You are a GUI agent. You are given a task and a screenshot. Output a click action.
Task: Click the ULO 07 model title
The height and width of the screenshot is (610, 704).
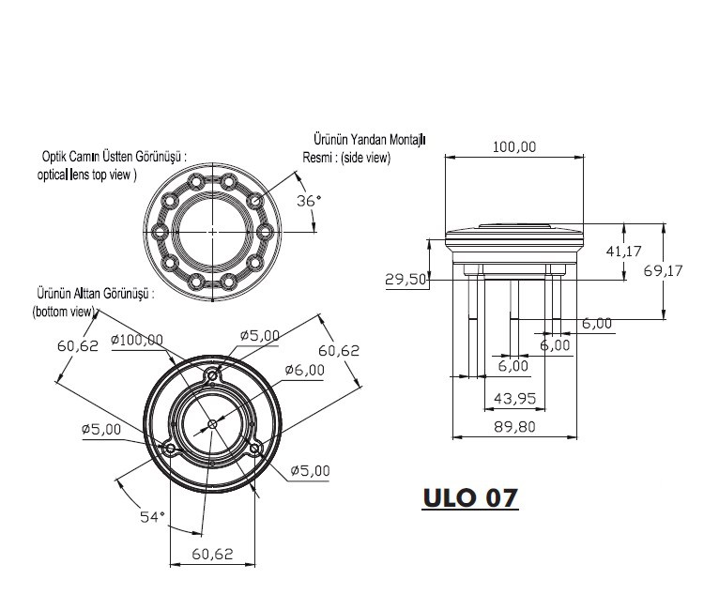point(470,497)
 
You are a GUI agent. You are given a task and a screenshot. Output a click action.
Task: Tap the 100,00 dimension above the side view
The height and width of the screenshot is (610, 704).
point(514,146)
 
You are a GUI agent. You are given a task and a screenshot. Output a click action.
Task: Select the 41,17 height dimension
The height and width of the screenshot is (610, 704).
point(623,252)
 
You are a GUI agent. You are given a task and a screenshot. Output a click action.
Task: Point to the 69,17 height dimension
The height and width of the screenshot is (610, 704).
point(663,270)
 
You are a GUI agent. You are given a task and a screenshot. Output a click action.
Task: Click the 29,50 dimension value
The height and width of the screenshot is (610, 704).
point(406,280)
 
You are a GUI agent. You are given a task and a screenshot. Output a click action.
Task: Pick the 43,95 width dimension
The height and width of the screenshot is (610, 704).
point(514,398)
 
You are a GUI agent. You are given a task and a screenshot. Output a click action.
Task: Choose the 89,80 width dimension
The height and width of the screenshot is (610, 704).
point(514,426)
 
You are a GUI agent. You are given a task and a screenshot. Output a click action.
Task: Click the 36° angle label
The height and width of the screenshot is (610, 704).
point(309,201)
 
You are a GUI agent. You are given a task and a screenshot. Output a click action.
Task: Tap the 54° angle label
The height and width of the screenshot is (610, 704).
point(153,517)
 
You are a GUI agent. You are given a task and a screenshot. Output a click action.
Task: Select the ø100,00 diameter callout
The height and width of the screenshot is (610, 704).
point(137,340)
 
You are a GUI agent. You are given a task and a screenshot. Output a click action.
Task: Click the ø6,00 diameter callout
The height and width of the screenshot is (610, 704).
point(304,370)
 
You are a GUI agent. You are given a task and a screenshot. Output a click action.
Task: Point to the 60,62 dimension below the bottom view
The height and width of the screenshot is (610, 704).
point(212,554)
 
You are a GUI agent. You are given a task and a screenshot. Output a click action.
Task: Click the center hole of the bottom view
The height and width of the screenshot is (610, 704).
point(213,424)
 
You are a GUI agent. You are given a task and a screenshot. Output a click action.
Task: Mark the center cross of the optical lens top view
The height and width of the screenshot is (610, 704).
point(212,232)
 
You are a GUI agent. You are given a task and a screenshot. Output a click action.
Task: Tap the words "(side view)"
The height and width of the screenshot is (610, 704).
point(365,158)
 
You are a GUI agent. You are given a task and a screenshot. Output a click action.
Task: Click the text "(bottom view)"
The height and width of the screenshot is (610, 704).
point(64,312)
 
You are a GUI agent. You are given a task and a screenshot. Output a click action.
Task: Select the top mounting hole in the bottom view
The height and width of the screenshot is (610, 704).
point(212,374)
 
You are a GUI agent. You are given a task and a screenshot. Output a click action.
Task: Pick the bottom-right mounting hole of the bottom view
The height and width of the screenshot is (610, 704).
point(254,449)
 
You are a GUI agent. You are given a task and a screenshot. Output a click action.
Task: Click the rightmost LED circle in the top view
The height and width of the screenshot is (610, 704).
point(265,232)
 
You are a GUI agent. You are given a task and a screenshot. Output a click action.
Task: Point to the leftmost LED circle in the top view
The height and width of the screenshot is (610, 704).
point(160,232)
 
